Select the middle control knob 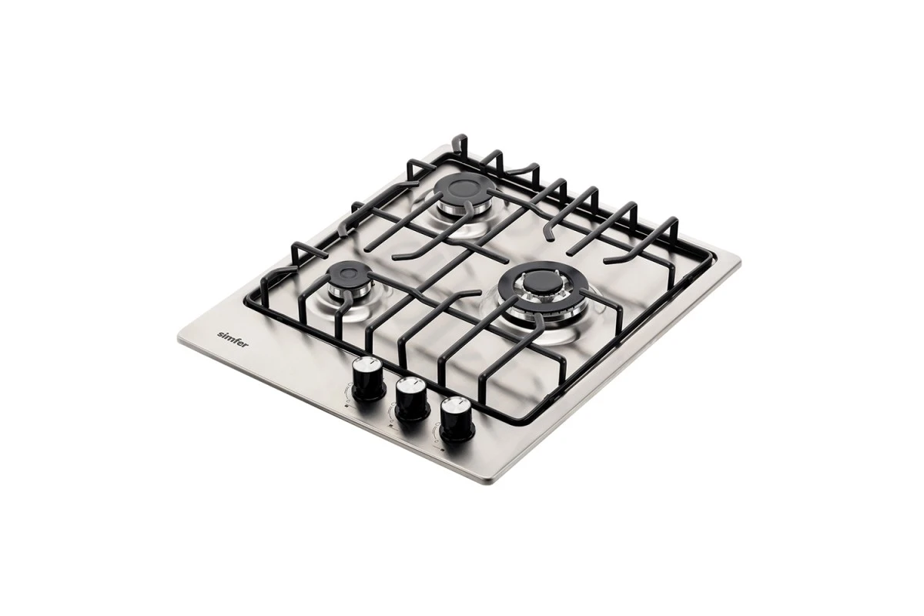(x=412, y=400)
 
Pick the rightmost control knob (x=457, y=418)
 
